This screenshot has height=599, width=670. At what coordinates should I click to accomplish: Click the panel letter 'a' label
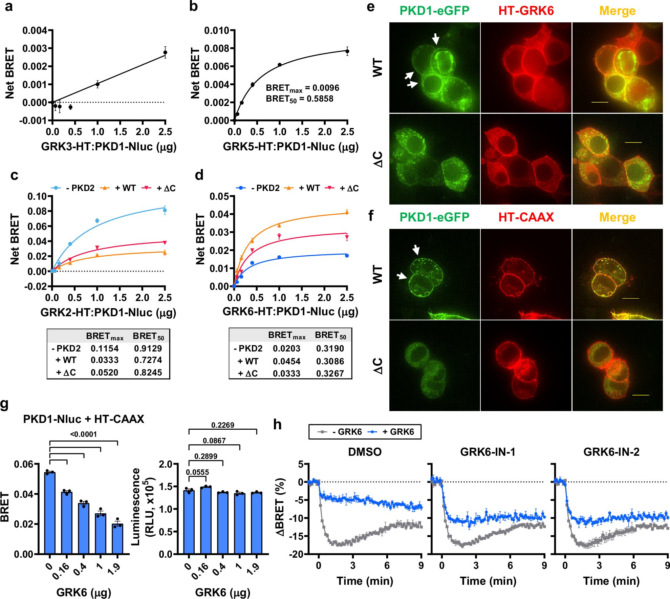pyautogui.click(x=9, y=7)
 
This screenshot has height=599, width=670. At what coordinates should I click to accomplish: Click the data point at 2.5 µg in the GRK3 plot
pyautogui.click(x=165, y=52)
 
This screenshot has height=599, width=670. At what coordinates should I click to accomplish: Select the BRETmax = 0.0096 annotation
pyautogui.click(x=302, y=88)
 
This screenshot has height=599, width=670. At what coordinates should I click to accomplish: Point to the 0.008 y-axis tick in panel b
pyautogui.click(x=217, y=48)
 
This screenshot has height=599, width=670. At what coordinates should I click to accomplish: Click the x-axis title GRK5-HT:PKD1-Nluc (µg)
pyautogui.click(x=290, y=147)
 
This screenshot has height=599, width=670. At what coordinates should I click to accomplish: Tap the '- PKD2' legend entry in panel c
pyautogui.click(x=73, y=188)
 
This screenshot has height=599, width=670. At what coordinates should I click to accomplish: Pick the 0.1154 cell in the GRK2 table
pyautogui.click(x=105, y=348)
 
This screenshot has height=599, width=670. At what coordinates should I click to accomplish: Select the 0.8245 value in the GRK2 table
pyautogui.click(x=148, y=372)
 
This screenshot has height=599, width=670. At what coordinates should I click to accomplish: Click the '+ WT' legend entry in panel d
pyautogui.click(x=303, y=188)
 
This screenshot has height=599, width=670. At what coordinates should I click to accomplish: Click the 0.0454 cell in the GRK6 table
pyautogui.click(x=286, y=361)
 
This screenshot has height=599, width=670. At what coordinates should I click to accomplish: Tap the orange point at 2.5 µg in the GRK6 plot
pyautogui.click(x=347, y=212)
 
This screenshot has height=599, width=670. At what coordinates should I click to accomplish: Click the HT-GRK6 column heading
pyautogui.click(x=526, y=11)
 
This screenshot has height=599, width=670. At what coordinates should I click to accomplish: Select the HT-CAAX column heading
pyautogui.click(x=526, y=217)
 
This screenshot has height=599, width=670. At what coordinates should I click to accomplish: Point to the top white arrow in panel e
pyautogui.click(x=435, y=39)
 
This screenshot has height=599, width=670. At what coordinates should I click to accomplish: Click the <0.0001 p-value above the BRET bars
pyautogui.click(x=84, y=434)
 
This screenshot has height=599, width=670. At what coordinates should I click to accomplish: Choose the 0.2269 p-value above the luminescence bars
pyautogui.click(x=222, y=425)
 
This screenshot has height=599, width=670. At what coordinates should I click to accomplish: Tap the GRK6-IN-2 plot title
pyautogui.click(x=611, y=452)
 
